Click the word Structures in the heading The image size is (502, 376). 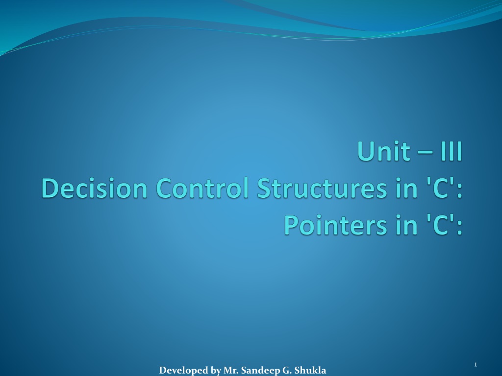tap(322, 188)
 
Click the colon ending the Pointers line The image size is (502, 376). tap(460, 228)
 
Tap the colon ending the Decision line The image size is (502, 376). tap(460, 191)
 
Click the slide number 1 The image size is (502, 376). tap(476, 364)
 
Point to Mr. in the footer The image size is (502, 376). tap(231, 370)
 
